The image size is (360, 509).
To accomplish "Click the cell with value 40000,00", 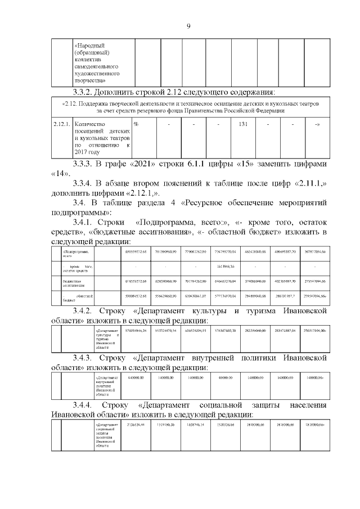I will (x=227, y=377).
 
